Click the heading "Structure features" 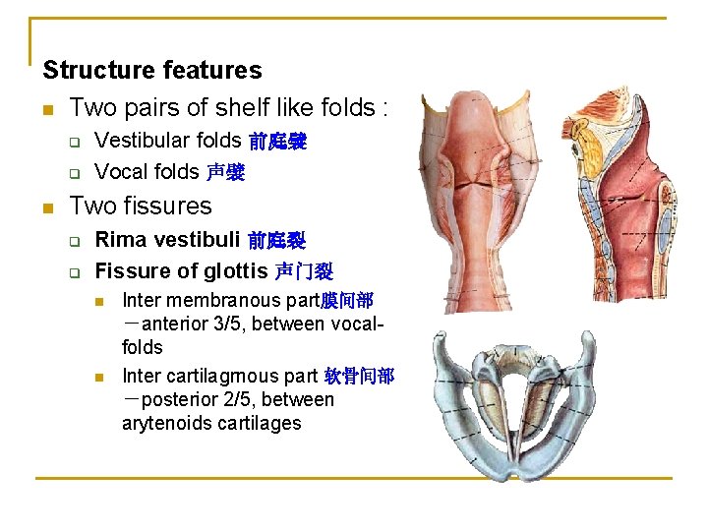pyautogui.click(x=152, y=71)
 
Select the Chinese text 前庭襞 pyautogui.click(x=277, y=143)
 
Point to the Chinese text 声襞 pyautogui.click(x=225, y=174)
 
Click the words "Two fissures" pyautogui.click(x=141, y=206)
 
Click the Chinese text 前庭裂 pyautogui.click(x=276, y=241)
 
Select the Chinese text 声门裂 pyautogui.click(x=303, y=271)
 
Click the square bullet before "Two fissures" pyautogui.click(x=47, y=207)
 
